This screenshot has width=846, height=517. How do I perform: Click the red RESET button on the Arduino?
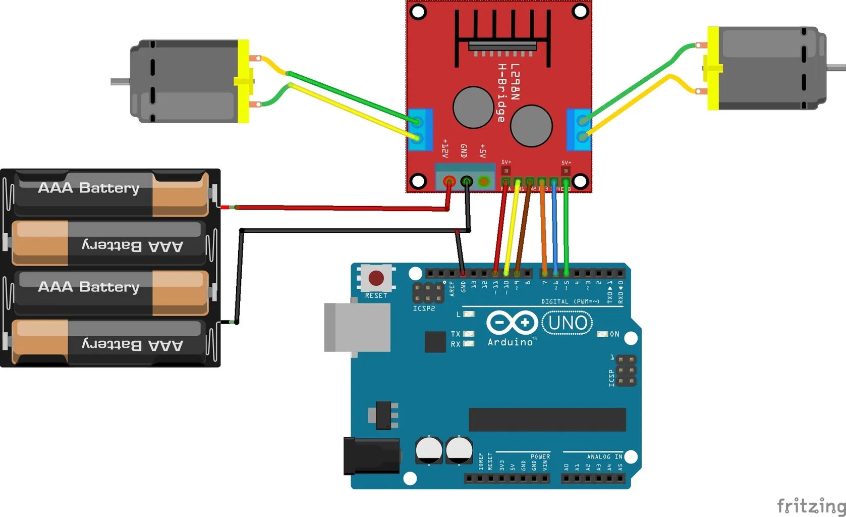(x=376, y=278)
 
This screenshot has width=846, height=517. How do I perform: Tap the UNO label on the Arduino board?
(x=568, y=323)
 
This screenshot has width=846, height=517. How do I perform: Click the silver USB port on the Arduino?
(x=357, y=327)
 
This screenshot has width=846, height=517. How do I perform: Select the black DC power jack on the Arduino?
(x=371, y=456)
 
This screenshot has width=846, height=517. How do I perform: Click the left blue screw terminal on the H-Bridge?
(x=420, y=129)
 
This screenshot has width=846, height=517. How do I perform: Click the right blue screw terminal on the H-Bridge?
(x=579, y=129)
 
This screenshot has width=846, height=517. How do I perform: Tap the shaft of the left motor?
(x=120, y=82)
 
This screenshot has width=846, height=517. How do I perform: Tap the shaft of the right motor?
(x=836, y=67)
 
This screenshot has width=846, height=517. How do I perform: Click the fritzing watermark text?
(x=810, y=505)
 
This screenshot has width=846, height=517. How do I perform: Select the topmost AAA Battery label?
(x=89, y=188)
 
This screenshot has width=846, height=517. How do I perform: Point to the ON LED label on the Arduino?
(x=614, y=334)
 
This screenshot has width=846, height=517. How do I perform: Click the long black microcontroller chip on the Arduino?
(x=547, y=420)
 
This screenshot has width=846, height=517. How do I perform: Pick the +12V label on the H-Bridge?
(x=445, y=148)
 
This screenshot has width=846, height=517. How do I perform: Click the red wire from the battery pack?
(x=333, y=208)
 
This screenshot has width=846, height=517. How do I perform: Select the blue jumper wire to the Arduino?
(x=554, y=227)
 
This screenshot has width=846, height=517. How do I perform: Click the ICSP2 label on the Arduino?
(x=424, y=308)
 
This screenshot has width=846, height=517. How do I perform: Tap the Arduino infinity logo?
(x=512, y=322)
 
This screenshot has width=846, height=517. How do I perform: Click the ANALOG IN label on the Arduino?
(x=604, y=456)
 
